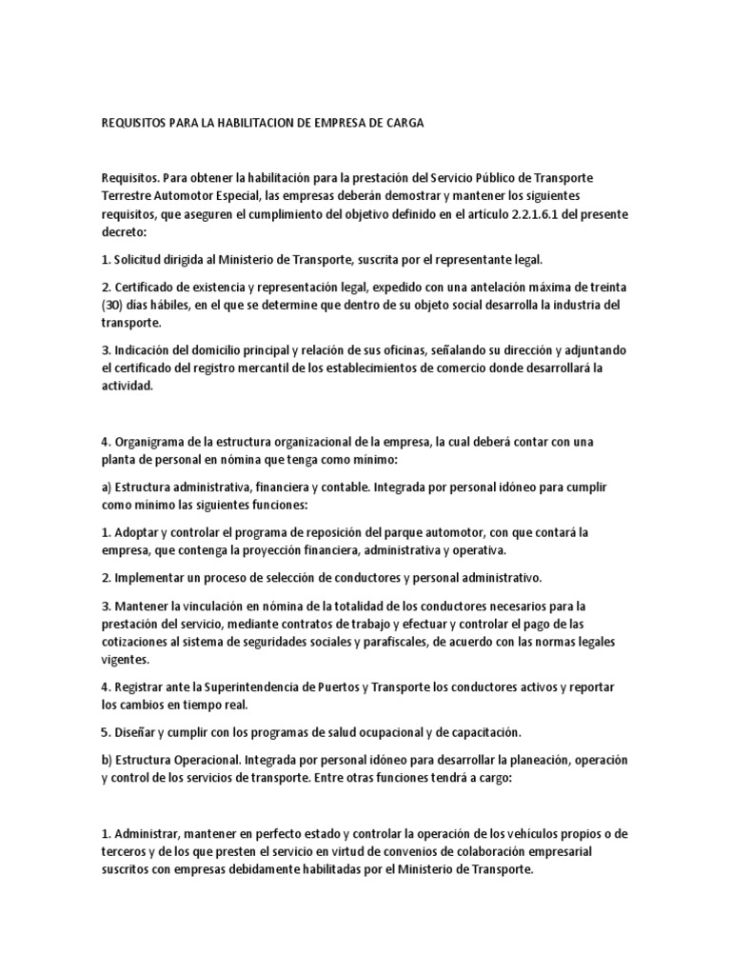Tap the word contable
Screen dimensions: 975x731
click(x=338, y=487)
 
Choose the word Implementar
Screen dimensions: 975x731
click(x=155, y=577)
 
